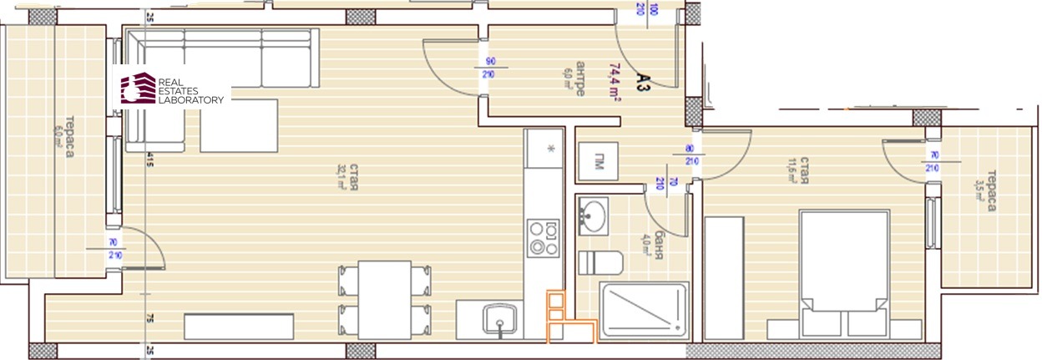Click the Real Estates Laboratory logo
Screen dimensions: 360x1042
pos(173,89)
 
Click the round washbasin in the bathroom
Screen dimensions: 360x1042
pos(594,215)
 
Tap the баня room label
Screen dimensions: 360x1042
pos(658,244)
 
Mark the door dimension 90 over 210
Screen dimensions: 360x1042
pos(491,67)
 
